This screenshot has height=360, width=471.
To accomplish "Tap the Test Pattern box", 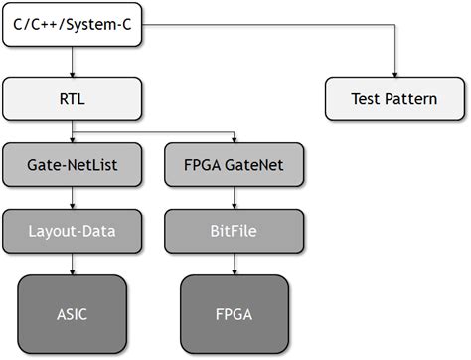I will point(394,99).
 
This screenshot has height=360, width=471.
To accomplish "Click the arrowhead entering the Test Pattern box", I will point(394,75).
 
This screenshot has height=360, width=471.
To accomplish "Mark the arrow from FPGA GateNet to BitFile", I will point(234,199).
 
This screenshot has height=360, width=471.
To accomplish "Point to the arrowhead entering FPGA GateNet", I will point(234,141).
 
